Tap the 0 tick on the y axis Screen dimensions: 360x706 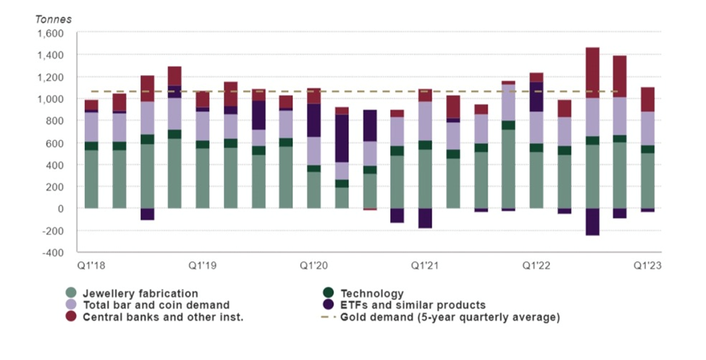click(x=62, y=209)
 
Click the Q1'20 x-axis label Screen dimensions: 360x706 click(x=314, y=266)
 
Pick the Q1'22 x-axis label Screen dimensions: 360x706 click(x=537, y=266)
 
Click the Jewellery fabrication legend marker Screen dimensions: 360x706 click(x=71, y=293)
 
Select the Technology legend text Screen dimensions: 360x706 click(x=372, y=293)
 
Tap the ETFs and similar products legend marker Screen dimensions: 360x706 click(x=328, y=305)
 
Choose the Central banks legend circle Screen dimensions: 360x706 click(x=71, y=317)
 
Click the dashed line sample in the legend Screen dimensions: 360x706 click(x=328, y=317)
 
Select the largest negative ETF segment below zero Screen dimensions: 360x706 click(x=592, y=222)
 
